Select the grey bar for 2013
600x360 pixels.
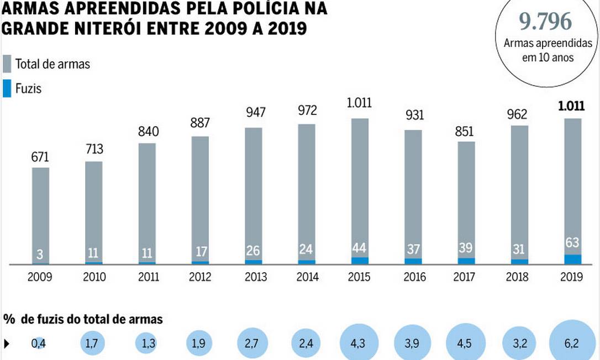click(x=254, y=193)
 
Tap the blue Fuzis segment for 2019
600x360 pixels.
click(x=573, y=260)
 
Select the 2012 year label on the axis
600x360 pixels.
click(x=200, y=277)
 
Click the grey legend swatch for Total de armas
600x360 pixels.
click(x=7, y=64)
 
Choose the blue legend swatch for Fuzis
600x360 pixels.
click(x=7, y=88)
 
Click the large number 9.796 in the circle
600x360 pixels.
click(x=545, y=22)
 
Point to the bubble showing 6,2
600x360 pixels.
click(x=572, y=343)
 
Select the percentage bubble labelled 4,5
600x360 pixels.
click(x=466, y=343)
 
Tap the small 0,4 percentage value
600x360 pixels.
click(x=39, y=343)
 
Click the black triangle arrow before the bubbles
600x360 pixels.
click(x=7, y=343)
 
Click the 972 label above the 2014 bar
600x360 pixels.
click(x=307, y=111)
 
